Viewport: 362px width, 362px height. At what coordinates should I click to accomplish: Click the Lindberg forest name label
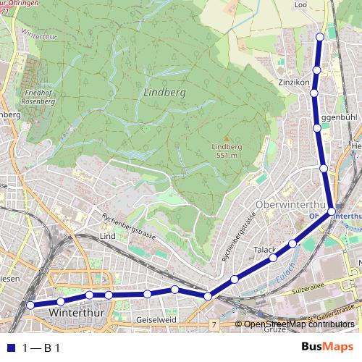(x=165, y=93)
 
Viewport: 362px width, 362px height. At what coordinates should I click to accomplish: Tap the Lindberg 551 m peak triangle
(x=225, y=138)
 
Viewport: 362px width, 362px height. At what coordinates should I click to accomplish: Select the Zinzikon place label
(x=294, y=83)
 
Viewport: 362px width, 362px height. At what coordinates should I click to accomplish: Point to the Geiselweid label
(x=156, y=319)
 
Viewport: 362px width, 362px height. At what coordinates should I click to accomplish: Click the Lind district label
(x=108, y=237)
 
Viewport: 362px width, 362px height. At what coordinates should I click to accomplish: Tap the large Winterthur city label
(x=79, y=312)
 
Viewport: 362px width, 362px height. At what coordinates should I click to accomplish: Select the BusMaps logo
(x=328, y=347)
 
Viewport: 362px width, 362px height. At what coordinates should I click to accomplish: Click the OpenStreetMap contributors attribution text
(x=299, y=324)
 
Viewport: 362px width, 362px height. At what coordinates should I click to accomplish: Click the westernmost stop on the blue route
(x=30, y=306)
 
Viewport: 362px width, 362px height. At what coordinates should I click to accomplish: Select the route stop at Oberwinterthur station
(x=331, y=211)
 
